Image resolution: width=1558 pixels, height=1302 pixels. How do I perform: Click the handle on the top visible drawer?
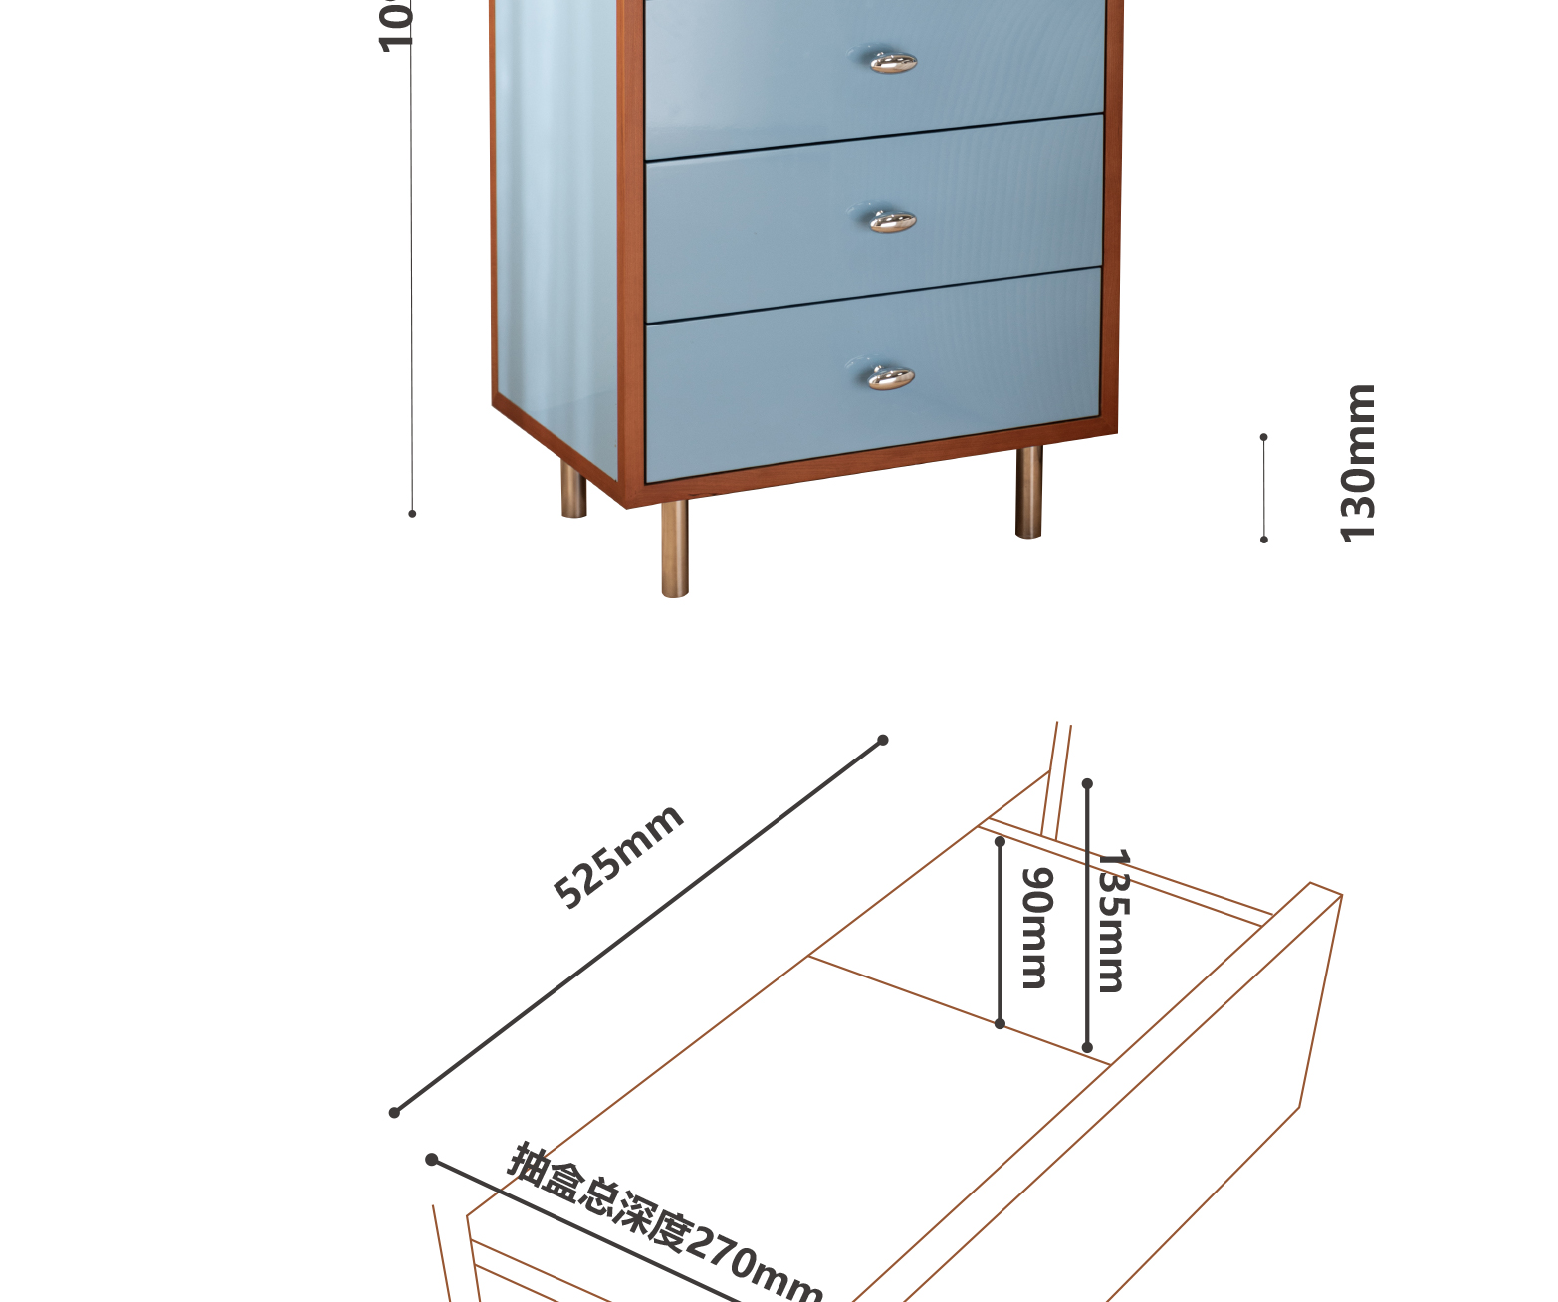click(893, 62)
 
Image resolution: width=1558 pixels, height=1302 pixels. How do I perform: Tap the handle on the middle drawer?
click(892, 221)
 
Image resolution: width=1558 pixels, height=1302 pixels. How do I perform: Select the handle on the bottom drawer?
click(890, 378)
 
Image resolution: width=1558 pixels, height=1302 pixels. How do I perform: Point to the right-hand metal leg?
click(1029, 492)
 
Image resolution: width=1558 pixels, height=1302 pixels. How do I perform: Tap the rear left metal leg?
click(573, 492)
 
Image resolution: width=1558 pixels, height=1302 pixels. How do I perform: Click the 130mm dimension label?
click(1358, 463)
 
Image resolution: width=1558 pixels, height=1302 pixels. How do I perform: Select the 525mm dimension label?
click(618, 856)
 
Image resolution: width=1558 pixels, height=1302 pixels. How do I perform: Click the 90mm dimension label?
click(1036, 928)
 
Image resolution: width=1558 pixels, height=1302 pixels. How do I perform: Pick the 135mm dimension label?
click(1111, 921)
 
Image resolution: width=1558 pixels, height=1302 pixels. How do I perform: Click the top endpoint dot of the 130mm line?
click(1264, 437)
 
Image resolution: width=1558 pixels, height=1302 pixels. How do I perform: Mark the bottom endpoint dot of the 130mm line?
click(1264, 540)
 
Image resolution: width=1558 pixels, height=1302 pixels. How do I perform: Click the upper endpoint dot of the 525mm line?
click(882, 740)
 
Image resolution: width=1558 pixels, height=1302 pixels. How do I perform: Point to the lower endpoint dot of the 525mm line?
click(394, 1112)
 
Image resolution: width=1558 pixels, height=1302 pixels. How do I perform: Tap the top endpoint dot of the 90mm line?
click(1000, 842)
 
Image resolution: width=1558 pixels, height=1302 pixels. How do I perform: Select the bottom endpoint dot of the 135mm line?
click(1087, 1047)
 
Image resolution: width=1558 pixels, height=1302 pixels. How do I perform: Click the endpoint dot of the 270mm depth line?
click(431, 1160)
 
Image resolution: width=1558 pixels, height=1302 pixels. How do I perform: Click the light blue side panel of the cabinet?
click(556, 229)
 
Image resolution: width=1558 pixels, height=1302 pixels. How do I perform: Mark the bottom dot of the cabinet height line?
click(412, 514)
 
